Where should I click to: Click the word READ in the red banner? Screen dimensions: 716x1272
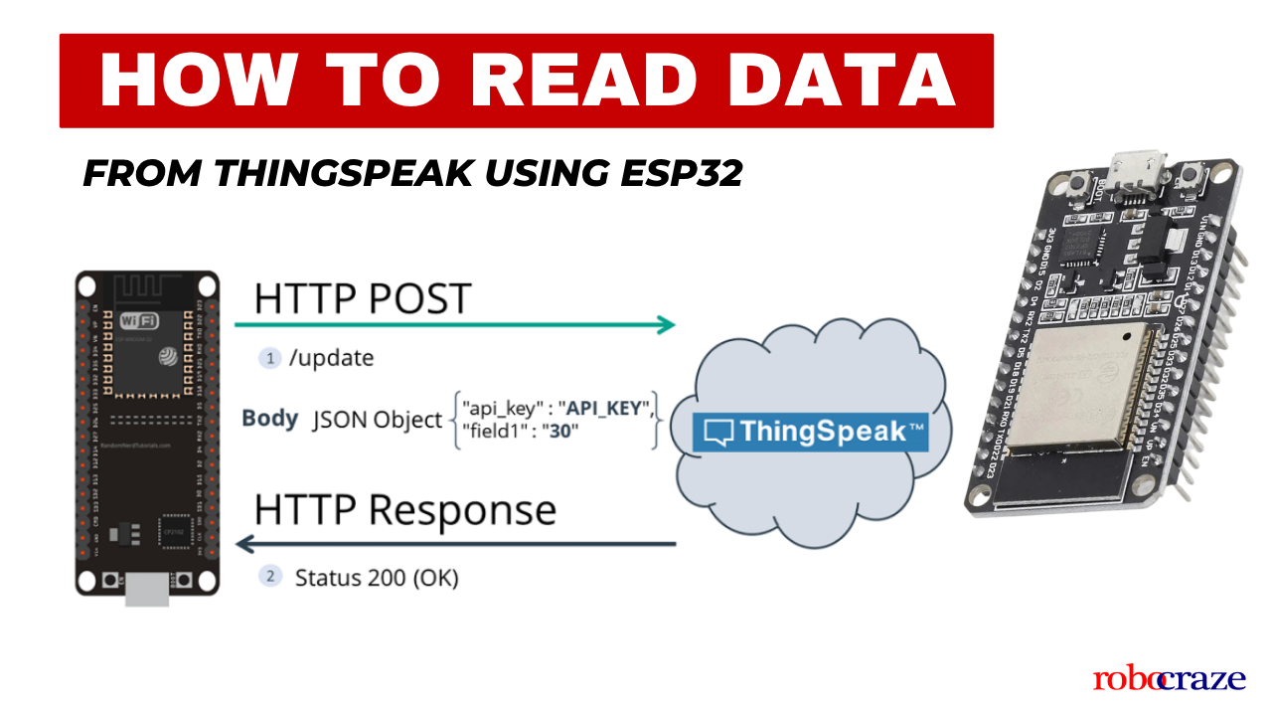pyautogui.click(x=571, y=81)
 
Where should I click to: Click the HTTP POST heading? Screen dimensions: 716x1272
pyautogui.click(x=362, y=298)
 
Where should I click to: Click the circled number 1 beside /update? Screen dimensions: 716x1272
pyautogui.click(x=269, y=358)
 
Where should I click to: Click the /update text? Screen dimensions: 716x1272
pyautogui.click(x=332, y=358)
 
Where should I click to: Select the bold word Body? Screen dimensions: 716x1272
pyautogui.click(x=269, y=419)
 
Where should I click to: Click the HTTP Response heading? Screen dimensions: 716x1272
pyautogui.click(x=405, y=509)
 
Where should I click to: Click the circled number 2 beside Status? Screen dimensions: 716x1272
pyautogui.click(x=269, y=576)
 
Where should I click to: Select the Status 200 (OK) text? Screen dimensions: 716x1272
pyautogui.click(x=377, y=577)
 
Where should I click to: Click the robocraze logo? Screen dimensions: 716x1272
pyautogui.click(x=1169, y=679)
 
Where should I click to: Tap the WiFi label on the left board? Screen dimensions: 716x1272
pyautogui.click(x=140, y=321)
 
